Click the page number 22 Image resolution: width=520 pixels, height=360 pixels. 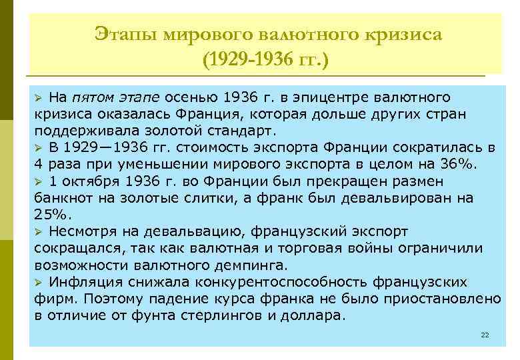click(485, 333)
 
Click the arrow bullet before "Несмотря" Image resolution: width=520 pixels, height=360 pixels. click(39, 231)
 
